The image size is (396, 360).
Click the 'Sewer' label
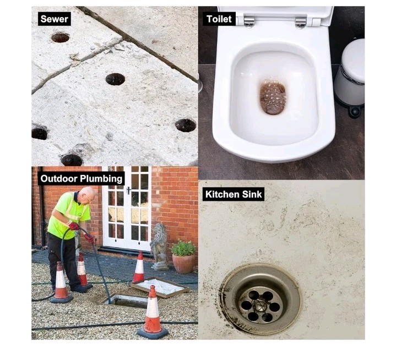point(55,19)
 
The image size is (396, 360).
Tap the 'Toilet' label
point(219,19)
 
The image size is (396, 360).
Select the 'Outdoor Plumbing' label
point(81,178)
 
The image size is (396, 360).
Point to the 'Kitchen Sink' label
point(234,194)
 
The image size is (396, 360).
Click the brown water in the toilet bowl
point(273,97)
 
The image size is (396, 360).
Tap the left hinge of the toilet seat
point(249,21)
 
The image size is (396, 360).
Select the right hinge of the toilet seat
point(301,22)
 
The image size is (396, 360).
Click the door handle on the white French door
point(128,190)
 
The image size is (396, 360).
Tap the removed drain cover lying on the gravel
point(160,287)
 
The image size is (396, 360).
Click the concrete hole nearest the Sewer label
point(60,37)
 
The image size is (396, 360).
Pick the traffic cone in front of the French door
point(139,267)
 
